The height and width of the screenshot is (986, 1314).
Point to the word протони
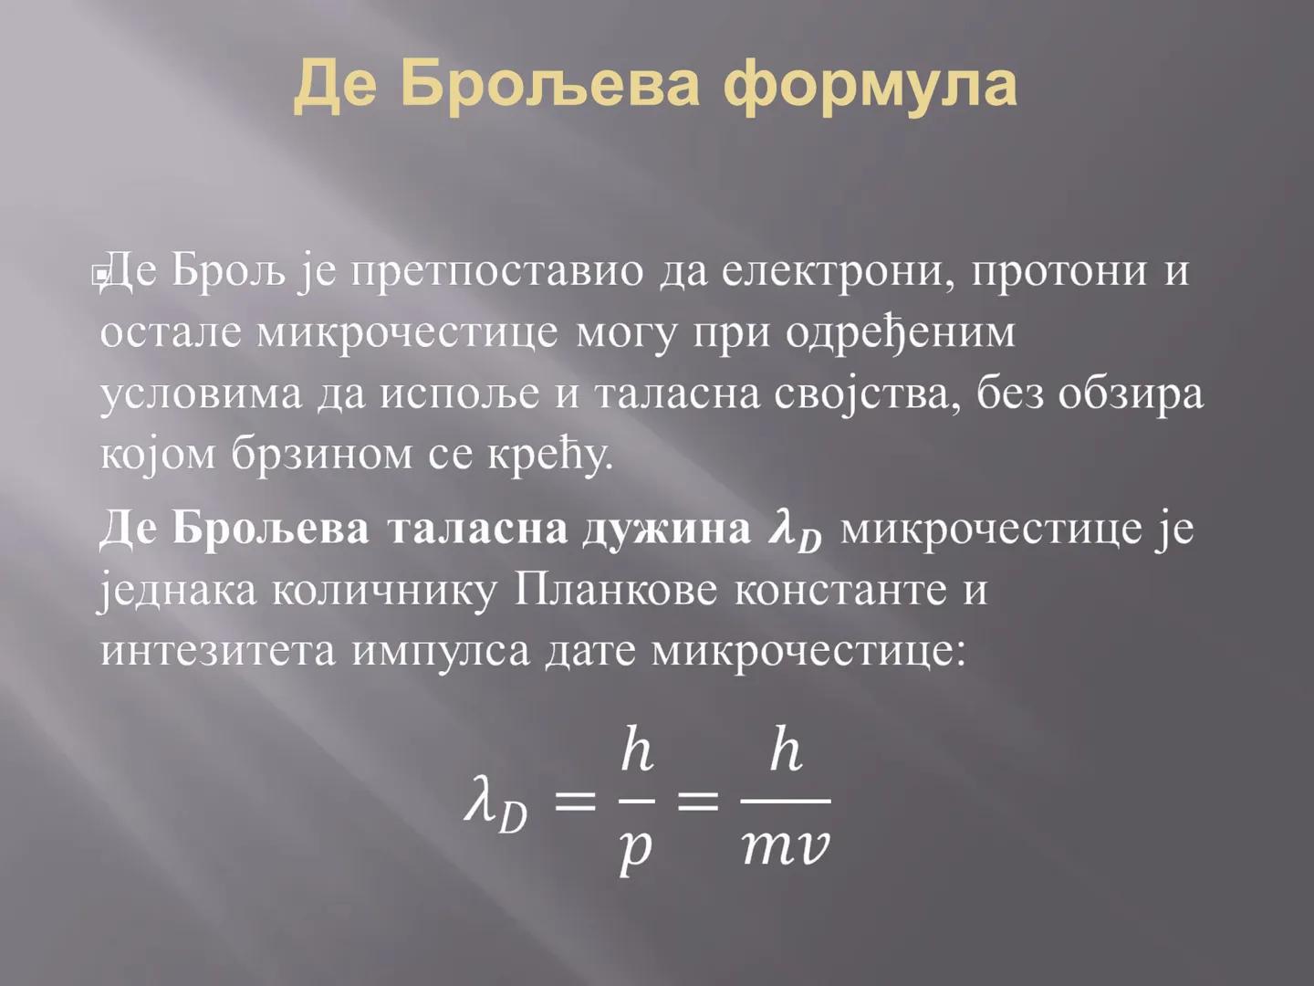pos(1057,271)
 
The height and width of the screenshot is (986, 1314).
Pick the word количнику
pos(384,591)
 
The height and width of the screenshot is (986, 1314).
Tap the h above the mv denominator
pos(786,752)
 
